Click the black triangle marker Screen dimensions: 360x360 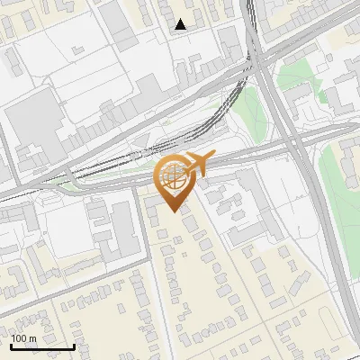point(181,25)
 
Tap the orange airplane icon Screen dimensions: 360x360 point(197,164)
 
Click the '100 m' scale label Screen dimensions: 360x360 point(23,338)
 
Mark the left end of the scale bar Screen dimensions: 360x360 point(11,346)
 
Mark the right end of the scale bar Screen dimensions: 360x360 point(74,346)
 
